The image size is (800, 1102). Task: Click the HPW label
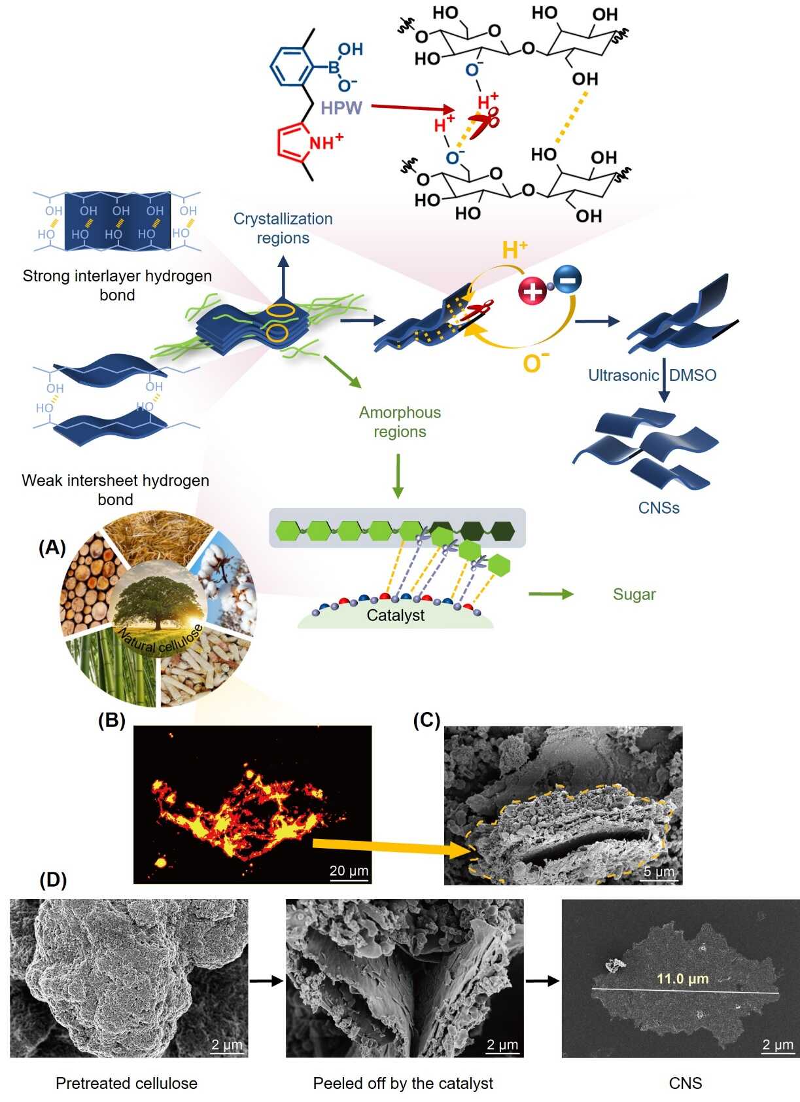point(341,108)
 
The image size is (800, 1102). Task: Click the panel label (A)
point(52,548)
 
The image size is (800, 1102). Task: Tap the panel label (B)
point(111,720)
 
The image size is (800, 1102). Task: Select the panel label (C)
point(426,720)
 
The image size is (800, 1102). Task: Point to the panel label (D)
point(53,880)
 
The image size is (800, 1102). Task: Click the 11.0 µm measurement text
point(682,979)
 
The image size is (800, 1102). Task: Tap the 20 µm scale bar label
point(349,870)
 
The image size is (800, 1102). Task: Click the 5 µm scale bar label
point(658,872)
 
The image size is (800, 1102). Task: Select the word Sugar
point(634,594)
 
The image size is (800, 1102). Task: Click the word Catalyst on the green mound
point(395,615)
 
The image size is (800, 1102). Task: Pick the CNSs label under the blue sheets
point(659,508)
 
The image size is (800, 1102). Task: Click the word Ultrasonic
point(623,375)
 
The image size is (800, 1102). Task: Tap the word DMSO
point(693,375)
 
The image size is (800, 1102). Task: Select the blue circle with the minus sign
point(567,280)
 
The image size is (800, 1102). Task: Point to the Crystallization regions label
point(283,228)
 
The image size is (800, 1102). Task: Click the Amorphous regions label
point(400,421)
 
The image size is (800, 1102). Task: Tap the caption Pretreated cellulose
point(126,1083)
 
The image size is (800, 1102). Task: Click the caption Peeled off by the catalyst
point(403,1083)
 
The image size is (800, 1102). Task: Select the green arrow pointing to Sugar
point(550,594)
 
